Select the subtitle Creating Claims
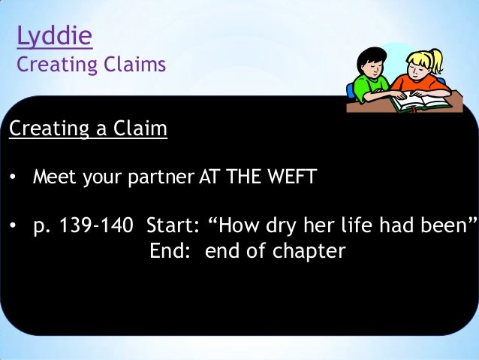91,65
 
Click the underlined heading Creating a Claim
88,130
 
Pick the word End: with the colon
173,250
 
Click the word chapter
308,251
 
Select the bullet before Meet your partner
13,180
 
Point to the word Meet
53,179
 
